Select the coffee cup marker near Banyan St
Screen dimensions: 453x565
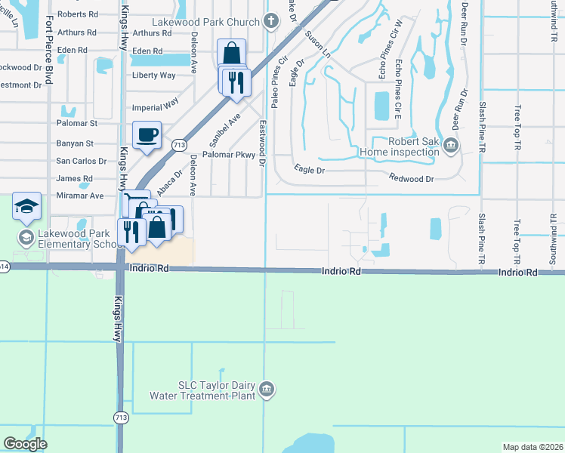tap(147, 135)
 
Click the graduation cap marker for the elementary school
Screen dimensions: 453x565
tap(26, 207)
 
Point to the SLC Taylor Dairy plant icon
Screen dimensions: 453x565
tap(267, 390)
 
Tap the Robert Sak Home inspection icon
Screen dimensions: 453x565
tap(451, 144)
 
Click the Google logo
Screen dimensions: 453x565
tap(26, 443)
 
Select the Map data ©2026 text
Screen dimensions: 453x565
tap(533, 447)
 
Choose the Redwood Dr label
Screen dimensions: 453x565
tap(412, 179)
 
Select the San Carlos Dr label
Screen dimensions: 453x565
tap(82, 162)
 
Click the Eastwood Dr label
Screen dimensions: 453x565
tap(262, 143)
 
